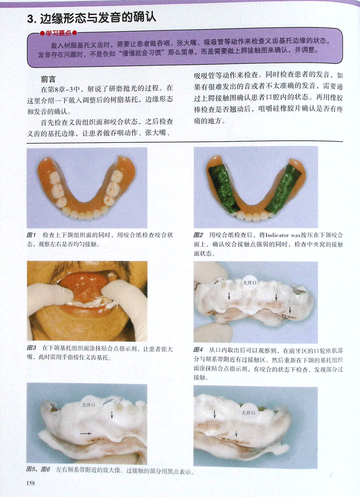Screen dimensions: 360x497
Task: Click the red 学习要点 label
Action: click(x=59, y=33)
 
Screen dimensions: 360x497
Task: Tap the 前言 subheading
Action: click(x=48, y=79)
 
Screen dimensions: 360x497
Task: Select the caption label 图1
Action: click(x=31, y=235)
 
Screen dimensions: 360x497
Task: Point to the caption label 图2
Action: click(x=198, y=235)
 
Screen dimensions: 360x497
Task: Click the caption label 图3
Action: click(x=31, y=348)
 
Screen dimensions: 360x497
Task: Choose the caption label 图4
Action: click(x=198, y=350)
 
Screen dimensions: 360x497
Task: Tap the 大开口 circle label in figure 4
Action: click(x=250, y=283)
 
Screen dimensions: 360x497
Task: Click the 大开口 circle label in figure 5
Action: click(x=89, y=405)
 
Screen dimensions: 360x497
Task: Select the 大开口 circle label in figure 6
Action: click(x=248, y=413)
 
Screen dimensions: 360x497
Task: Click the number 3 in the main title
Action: click(x=30, y=19)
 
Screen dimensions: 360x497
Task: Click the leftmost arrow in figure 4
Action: click(x=229, y=296)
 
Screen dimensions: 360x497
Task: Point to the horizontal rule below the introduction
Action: click(x=185, y=141)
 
